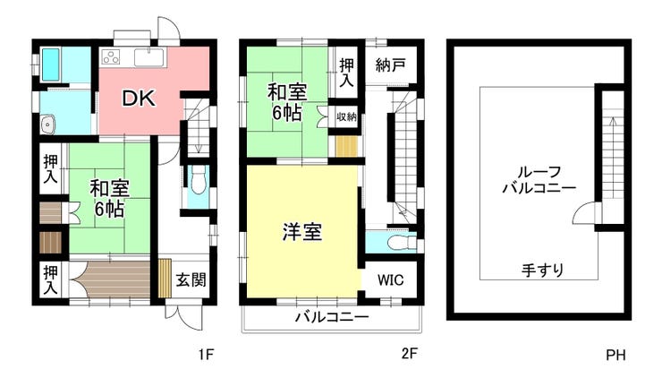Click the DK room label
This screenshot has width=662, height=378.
(139, 99)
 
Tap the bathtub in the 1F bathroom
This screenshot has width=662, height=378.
(51, 64)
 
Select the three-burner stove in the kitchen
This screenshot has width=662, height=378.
(111, 57)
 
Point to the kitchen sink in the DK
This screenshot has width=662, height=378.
(149, 57)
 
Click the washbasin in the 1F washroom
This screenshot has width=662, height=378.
(48, 125)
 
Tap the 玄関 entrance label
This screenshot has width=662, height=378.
(191, 279)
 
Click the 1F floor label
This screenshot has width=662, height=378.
(207, 354)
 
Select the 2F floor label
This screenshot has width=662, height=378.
(409, 353)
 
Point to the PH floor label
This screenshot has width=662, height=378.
(615, 355)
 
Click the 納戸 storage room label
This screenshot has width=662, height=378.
(390, 64)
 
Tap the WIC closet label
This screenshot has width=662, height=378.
(390, 279)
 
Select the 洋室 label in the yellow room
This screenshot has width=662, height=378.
(302, 232)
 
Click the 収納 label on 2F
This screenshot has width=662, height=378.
(346, 116)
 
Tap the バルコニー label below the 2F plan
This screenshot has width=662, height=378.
(332, 317)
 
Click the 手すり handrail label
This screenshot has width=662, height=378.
(542, 270)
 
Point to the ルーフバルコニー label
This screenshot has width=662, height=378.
(539, 180)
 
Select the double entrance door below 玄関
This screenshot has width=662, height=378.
(184, 317)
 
